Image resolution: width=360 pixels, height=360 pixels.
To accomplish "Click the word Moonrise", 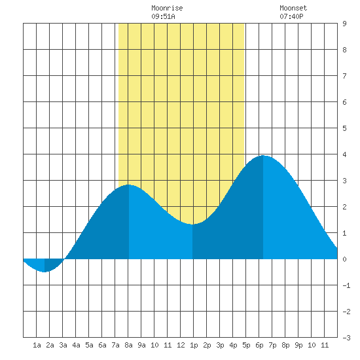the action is tap(167, 8).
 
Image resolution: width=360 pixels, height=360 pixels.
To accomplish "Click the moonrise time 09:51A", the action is tap(163, 16).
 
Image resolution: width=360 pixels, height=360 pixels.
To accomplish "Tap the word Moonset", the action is tap(293, 8).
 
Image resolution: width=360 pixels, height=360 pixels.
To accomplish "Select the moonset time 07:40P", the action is tap(291, 16).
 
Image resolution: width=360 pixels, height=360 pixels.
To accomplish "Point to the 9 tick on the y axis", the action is tap(344, 24).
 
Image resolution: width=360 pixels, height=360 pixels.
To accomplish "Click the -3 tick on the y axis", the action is tap(346, 338).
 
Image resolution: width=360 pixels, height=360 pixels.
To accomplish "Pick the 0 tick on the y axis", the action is tap(344, 259).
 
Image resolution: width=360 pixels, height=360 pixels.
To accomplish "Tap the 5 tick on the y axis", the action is tap(344, 128).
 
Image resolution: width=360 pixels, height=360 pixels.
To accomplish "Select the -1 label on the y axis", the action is tap(346, 285).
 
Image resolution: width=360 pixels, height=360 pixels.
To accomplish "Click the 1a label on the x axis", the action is tap(37, 345).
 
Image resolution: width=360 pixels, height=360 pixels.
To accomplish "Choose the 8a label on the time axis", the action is tap(128, 345).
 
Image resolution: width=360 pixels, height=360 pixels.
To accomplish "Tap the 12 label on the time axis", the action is tap(181, 345).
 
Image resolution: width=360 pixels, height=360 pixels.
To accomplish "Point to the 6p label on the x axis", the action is tap(259, 345).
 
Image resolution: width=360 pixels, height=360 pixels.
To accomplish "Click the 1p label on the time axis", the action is tap(194, 345).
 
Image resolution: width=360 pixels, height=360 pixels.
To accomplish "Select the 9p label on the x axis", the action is tap(298, 345).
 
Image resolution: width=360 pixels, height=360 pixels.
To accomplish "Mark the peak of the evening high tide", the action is tap(263, 156).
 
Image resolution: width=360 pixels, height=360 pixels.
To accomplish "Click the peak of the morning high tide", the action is tap(128, 185).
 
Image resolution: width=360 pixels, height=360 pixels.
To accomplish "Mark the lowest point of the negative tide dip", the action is tap(45, 272).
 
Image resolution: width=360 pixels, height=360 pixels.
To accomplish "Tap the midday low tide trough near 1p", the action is tap(192, 224).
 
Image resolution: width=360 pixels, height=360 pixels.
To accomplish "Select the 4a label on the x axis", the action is tap(76, 345).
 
